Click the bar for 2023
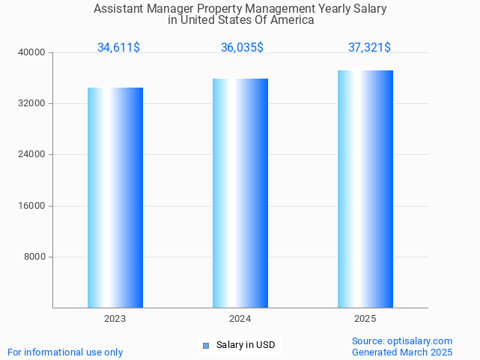click(115, 198)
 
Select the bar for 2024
click(240, 193)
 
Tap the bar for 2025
click(365, 189)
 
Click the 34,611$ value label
click(118, 48)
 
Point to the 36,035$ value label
click(242, 48)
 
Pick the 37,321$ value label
click(369, 48)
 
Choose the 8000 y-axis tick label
click(36, 257)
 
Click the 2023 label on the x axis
click(115, 319)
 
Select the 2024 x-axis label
click(240, 319)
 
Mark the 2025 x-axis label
click(365, 319)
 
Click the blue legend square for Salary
click(206, 345)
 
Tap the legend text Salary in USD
click(246, 345)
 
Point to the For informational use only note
click(65, 352)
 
